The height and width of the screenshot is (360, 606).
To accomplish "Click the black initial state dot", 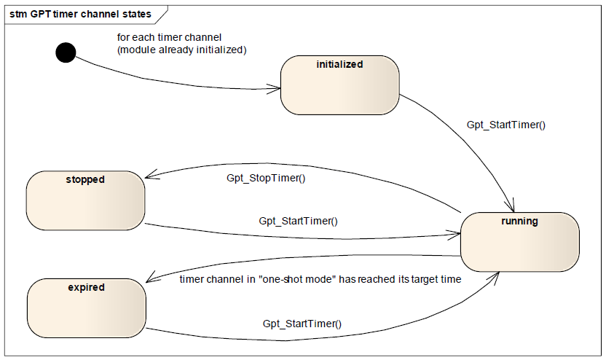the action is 66,52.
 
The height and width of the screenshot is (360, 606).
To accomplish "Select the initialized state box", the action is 339,85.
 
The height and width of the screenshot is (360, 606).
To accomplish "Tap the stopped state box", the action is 85,200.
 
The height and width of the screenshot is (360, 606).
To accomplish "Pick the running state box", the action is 520,242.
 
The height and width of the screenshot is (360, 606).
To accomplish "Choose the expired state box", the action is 87,308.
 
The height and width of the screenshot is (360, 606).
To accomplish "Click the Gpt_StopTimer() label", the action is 266,179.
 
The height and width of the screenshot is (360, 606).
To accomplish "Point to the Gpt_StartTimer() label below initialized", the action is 506,125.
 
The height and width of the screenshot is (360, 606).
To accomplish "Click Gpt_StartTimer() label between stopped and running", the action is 298,222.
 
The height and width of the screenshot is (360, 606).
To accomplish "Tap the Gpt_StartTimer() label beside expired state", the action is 302,324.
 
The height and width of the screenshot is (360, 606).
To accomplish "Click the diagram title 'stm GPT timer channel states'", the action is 80,15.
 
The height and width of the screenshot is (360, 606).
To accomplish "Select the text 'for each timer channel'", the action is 169,37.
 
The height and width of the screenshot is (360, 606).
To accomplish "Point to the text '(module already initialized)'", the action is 181,50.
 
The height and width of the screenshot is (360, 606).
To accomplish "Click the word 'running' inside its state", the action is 519,222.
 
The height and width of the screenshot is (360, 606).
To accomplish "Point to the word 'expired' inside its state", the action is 86,288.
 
